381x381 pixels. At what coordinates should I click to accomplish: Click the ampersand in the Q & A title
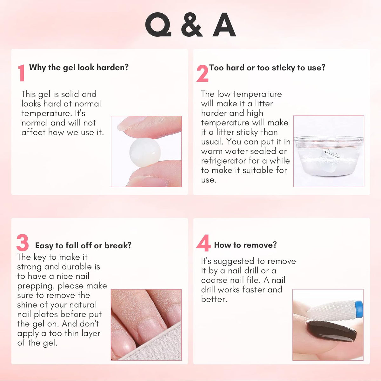[192, 25]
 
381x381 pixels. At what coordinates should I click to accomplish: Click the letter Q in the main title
[158, 24]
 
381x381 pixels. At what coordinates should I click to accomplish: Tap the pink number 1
[22, 73]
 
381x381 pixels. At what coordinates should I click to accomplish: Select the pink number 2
[203, 73]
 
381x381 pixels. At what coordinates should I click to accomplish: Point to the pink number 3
[23, 242]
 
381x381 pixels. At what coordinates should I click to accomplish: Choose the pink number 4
[203, 243]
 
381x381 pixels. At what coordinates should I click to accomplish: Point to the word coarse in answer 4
[214, 280]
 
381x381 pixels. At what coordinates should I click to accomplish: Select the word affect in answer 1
[33, 132]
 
